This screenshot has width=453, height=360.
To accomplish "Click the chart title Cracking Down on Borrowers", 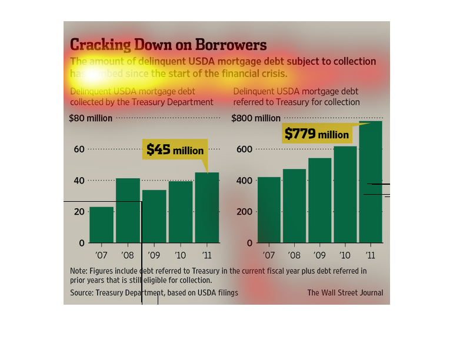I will click(168, 45).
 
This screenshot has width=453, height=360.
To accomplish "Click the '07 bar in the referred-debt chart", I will click(269, 210).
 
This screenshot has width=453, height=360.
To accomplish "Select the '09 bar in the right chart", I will click(319, 201).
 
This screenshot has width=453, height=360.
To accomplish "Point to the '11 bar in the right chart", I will click(371, 182).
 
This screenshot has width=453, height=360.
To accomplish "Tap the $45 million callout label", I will click(175, 150).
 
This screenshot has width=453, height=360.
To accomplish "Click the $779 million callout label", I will click(317, 134).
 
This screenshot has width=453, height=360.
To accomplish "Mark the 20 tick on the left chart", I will click(78, 212).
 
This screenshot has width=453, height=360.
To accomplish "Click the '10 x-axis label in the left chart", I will click(181, 255).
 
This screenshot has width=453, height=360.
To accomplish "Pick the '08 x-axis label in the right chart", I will click(294, 255).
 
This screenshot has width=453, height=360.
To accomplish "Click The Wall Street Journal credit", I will click(345, 293).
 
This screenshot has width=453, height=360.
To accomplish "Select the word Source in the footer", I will click(82, 293).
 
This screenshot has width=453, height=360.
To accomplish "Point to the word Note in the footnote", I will click(78, 271).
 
